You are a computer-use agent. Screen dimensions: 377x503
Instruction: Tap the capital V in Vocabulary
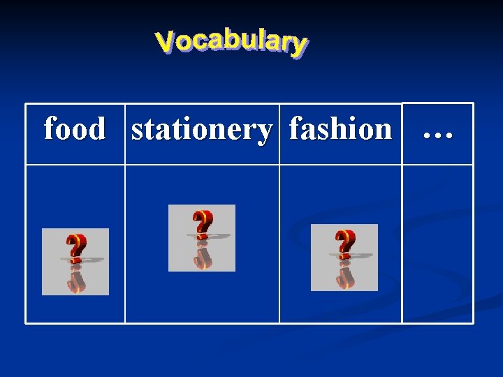(165, 43)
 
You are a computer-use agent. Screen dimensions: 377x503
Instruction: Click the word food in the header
(75, 129)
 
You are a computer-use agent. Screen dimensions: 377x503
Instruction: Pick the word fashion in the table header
(340, 129)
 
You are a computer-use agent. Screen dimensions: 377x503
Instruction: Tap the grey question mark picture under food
(75, 262)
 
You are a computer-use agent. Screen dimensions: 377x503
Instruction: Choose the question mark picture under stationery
(202, 238)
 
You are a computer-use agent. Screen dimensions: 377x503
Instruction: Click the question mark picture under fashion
(344, 258)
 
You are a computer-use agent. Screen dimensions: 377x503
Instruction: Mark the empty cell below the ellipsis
(438, 244)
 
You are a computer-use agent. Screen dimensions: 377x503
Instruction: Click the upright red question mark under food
(75, 247)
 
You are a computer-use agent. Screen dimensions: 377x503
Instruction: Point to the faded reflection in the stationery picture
(203, 256)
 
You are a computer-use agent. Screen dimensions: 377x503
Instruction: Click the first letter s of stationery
(137, 131)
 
